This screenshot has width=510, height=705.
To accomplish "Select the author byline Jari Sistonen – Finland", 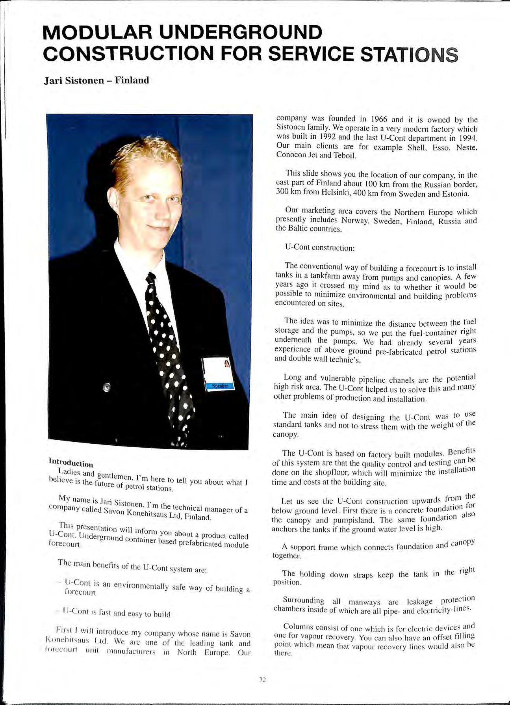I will point(96,80).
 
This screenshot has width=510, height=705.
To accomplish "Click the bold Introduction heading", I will point(70,463).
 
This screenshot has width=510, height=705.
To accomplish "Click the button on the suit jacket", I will point(106,387).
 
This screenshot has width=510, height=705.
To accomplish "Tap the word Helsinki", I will point(330,193).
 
